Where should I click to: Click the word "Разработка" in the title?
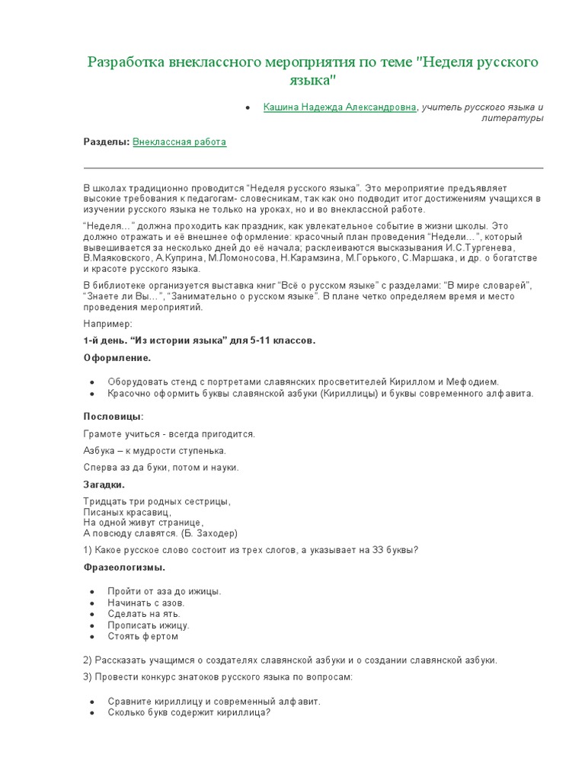coord(129,62)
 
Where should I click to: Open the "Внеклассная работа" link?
coord(180,142)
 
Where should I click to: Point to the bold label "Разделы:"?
coord(107,142)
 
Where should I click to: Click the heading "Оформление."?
coord(117,357)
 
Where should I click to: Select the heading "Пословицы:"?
coord(113,416)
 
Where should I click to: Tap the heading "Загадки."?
coord(104,484)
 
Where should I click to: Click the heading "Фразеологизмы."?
coord(123,567)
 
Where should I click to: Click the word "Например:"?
coord(107,324)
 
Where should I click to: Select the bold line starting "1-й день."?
coord(198,340)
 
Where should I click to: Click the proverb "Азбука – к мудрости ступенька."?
coord(155,450)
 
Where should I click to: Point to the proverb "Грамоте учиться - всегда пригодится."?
coord(169,433)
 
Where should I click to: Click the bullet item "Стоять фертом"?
coord(142,636)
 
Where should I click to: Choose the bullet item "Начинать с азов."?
coord(145,603)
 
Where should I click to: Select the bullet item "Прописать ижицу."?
coord(149,625)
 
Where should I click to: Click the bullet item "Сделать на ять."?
coord(144,614)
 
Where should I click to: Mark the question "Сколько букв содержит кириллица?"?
coord(189,713)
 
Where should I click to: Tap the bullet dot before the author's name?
coord(248,108)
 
